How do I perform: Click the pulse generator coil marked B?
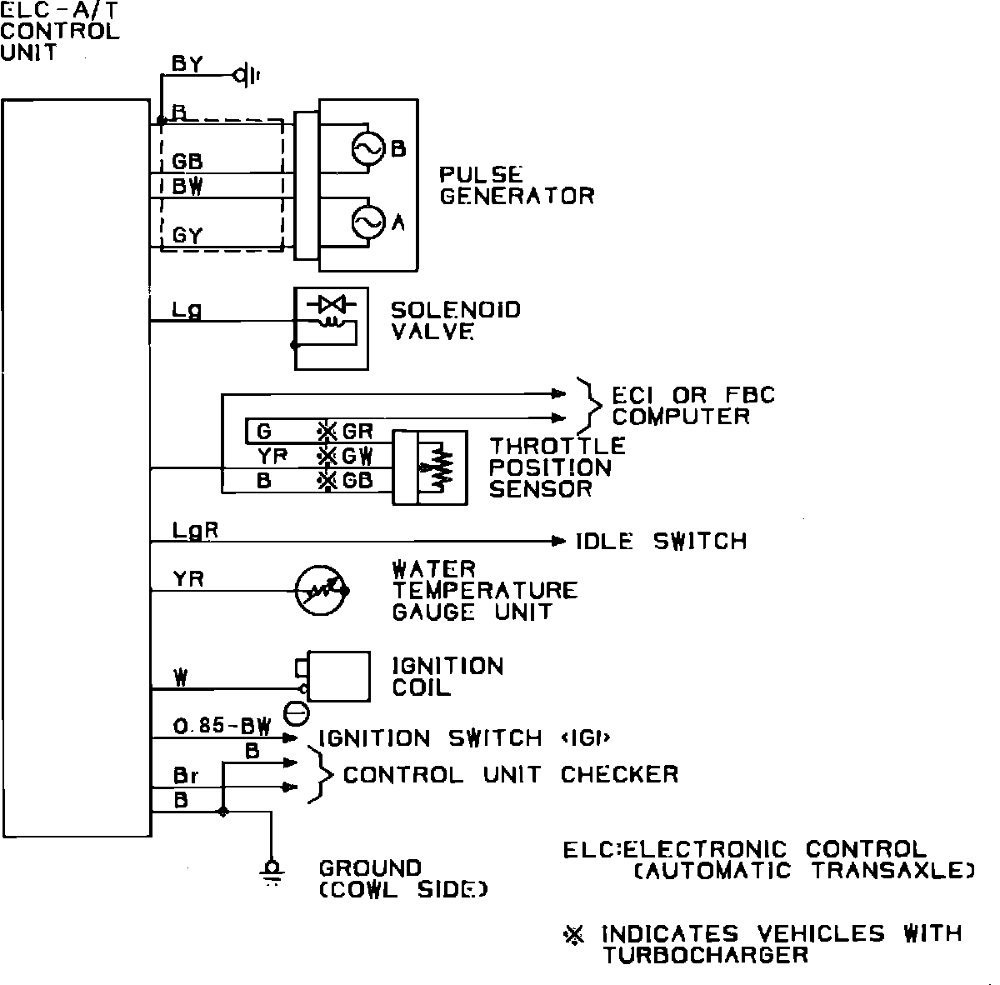point(365,148)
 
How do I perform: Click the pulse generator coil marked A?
point(365,222)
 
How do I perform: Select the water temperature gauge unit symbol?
point(321,590)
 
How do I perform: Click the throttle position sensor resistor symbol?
point(440,469)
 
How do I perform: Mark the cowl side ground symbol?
point(271,871)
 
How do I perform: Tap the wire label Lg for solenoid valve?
point(186,310)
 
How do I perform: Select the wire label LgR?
point(195,530)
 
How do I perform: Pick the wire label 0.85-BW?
point(222,726)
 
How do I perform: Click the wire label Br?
point(185,775)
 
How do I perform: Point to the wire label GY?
point(187,236)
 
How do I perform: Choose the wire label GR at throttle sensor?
point(357,432)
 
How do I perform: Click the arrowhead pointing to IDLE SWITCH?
point(558,542)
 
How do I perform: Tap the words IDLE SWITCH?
point(661,542)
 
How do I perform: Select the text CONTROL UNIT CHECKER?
point(510,775)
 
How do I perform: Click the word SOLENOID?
point(455,310)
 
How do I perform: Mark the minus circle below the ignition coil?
point(296,713)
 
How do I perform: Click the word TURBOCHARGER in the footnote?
point(705,955)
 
